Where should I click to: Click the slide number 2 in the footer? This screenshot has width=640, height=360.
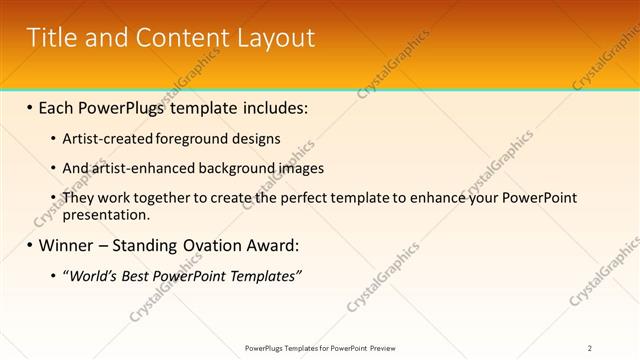click(x=590, y=348)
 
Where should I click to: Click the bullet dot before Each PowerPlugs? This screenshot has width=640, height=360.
click(x=29, y=107)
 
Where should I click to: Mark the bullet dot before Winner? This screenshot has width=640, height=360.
click(x=29, y=245)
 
